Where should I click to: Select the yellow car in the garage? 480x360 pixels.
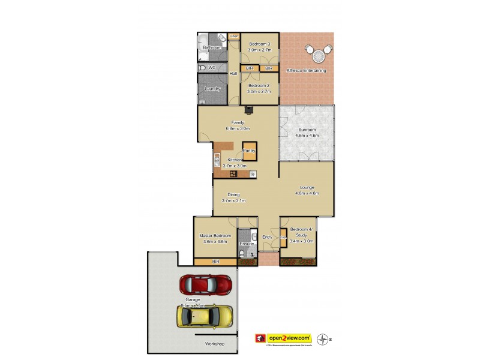205,316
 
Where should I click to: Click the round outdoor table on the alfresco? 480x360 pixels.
318,55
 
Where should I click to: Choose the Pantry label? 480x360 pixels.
249,151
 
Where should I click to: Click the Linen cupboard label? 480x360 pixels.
234,37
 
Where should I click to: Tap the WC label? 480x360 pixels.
212,68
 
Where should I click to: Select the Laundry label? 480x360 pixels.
212,89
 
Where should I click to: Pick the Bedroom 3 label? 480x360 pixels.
260,44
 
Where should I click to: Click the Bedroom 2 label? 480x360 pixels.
260,86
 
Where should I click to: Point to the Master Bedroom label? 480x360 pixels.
215,236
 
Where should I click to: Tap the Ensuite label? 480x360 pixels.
247,244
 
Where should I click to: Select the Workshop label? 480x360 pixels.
214,344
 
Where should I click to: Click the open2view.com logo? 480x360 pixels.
283,338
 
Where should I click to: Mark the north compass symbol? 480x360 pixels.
325,338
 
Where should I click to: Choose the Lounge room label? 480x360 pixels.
307,188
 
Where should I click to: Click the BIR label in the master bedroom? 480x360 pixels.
215,262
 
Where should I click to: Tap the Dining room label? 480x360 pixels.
233,195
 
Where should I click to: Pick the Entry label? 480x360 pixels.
267,237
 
